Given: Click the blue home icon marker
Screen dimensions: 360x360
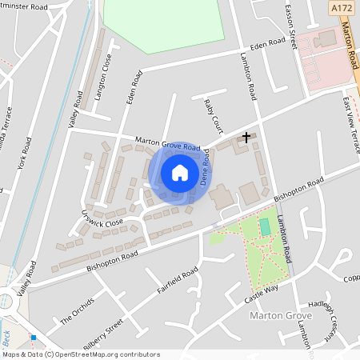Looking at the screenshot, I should (x=180, y=173).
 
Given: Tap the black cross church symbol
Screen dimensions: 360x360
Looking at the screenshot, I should (x=246, y=137).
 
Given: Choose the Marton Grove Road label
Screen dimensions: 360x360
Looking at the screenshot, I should (x=167, y=146).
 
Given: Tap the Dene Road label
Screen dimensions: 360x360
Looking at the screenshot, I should (x=205, y=166).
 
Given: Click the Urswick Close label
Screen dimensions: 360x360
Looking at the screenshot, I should (x=101, y=218).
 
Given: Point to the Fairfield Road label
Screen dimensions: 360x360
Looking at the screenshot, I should (x=177, y=282).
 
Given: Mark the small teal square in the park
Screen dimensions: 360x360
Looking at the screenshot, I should (x=265, y=228).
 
